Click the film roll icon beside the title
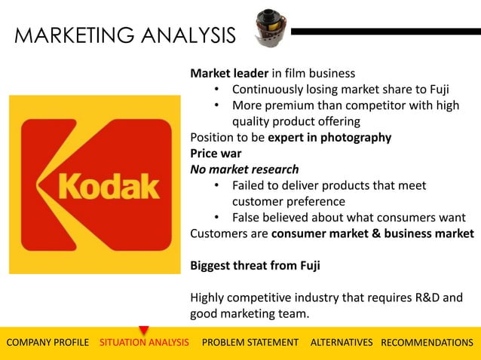coord(265,28)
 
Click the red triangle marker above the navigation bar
coord(144,330)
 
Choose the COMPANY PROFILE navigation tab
coord(47,343)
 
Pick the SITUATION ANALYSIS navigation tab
coord(144,343)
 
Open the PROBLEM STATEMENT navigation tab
coord(250,343)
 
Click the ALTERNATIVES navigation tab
coord(342,343)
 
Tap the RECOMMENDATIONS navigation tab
coord(427,343)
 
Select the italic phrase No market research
coord(244,169)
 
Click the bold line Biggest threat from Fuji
coord(260,265)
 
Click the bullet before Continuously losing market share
coord(216,90)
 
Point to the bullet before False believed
coord(216,218)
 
